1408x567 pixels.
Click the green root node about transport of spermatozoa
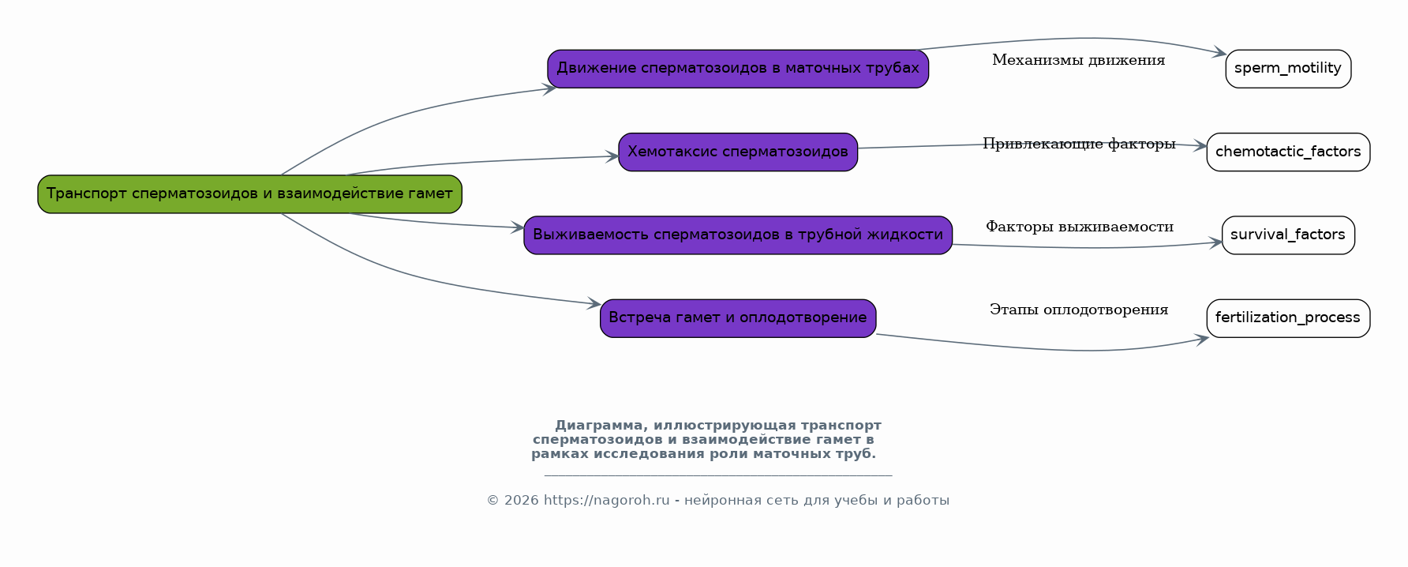tap(249, 194)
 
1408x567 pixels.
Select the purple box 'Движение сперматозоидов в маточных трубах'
tap(738, 69)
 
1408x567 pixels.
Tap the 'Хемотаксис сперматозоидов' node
tap(738, 152)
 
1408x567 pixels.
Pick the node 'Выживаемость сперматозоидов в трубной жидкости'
tap(738, 235)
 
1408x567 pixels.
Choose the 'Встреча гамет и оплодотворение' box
tap(738, 318)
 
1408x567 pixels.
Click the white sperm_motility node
tap(1288, 69)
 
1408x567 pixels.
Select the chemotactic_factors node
tap(1288, 152)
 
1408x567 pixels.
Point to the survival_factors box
tap(1288, 235)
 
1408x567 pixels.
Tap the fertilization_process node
tap(1288, 318)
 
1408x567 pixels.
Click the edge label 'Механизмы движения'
tap(1078, 60)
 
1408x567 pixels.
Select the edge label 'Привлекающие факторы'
tap(1079, 144)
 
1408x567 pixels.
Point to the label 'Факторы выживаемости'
tap(1079, 227)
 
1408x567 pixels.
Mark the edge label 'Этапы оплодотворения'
tap(1079, 310)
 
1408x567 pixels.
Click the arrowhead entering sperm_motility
tap(1220, 53)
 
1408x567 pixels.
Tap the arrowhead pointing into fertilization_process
tap(1202, 340)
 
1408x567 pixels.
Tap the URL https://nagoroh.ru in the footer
tap(606, 501)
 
